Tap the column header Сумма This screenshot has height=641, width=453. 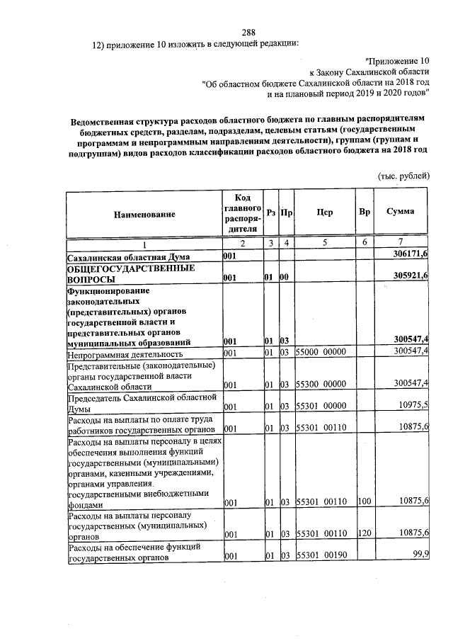coord(400,212)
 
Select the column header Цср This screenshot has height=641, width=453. coord(325,212)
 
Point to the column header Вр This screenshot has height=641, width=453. coord(364,212)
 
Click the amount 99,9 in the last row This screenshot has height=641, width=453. coord(422,554)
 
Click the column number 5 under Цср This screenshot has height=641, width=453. coord(325,243)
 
